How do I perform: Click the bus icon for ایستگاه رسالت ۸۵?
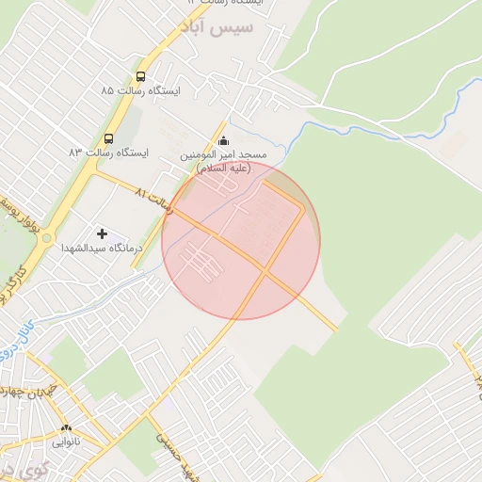click(140, 77)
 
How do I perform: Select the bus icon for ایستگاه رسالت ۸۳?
click(109, 137)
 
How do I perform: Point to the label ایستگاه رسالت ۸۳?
click(108, 152)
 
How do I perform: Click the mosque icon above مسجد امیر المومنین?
click(223, 142)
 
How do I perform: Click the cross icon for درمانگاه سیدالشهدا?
click(102, 233)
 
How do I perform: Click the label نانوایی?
click(65, 440)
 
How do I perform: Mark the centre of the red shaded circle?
click(241, 241)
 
